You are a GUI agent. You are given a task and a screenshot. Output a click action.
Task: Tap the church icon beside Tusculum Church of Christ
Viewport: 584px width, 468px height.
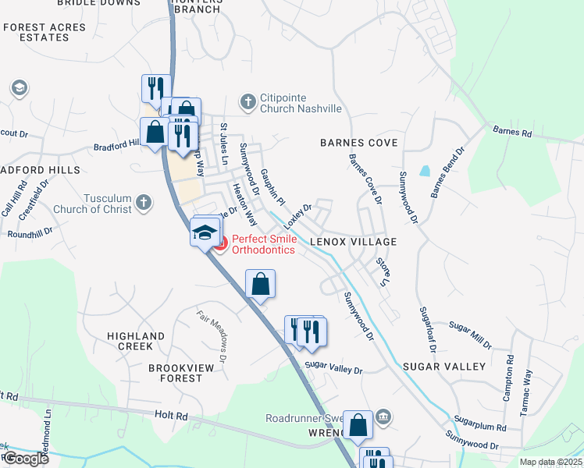[x=142, y=203]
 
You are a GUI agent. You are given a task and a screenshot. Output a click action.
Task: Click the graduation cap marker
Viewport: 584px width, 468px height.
[x=204, y=233]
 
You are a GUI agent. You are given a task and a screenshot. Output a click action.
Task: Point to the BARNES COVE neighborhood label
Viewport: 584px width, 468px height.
[x=359, y=143]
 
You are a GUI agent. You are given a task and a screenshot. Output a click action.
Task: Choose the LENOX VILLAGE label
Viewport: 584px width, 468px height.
[x=354, y=242]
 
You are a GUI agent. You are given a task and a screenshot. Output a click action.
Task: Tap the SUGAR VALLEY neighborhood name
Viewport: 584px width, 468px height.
[x=444, y=366]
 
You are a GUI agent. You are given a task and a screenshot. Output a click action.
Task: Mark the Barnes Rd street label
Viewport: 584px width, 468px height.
[x=511, y=132]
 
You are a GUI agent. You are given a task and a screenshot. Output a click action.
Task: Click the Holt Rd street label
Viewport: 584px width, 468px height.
[x=173, y=417]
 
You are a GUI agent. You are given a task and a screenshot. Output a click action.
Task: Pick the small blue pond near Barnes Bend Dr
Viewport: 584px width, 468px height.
[x=424, y=170]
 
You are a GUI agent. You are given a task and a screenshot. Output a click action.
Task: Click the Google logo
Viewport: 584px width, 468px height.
[x=25, y=459]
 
